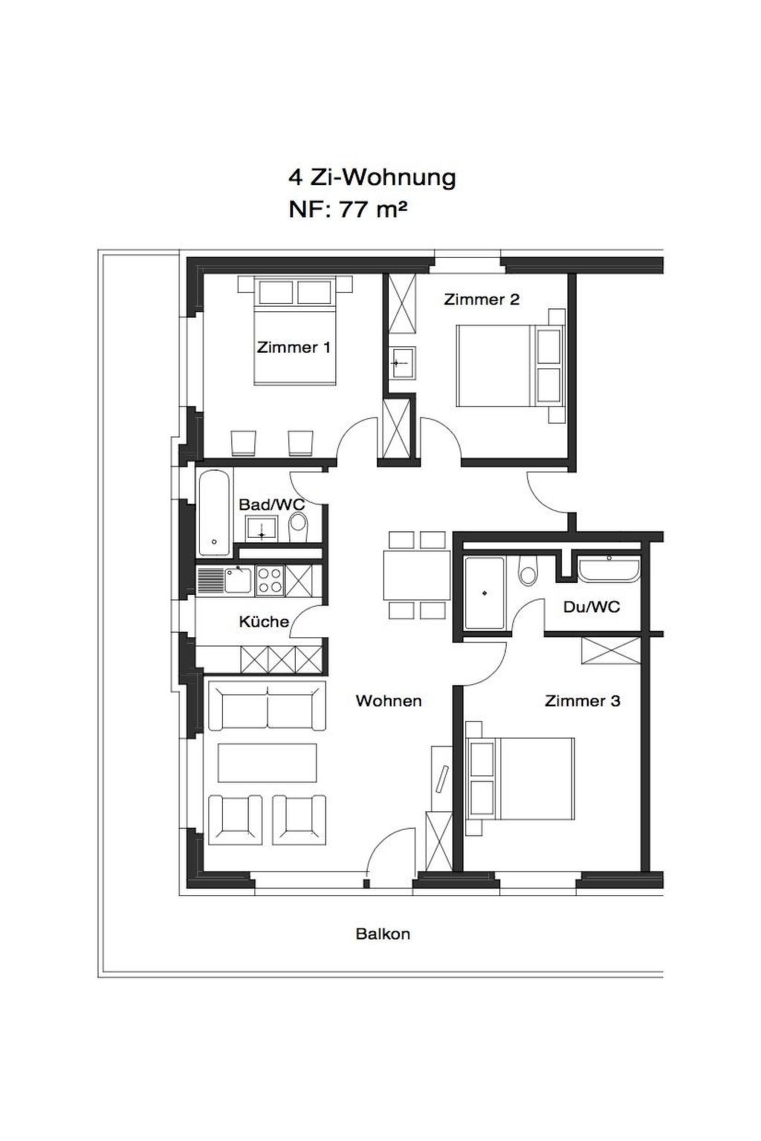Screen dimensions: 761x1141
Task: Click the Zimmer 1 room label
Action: coord(293,348)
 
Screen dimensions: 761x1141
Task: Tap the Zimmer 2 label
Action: coord(481,299)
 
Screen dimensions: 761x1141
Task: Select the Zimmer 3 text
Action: coord(583,701)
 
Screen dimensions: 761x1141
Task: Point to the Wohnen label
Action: coord(389,701)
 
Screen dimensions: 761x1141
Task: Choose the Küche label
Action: coord(264,622)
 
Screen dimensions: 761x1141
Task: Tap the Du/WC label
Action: coord(592,607)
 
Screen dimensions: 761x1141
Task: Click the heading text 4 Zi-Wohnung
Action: coord(372,178)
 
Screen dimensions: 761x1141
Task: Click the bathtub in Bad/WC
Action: coord(215,513)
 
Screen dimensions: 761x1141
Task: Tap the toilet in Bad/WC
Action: coord(298,527)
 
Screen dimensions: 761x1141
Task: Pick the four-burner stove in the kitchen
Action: coord(270,581)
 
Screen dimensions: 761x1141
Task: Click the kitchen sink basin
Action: coord(238,579)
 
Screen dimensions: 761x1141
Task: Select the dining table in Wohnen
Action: coord(417,574)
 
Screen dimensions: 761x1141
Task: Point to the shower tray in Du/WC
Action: coord(485,593)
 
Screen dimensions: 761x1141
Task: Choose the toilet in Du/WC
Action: coord(527,570)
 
